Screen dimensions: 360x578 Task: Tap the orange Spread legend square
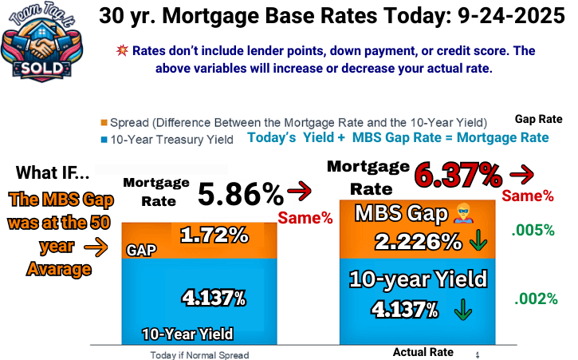coord(104,123)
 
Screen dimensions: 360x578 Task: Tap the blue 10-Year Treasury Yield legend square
coord(104,140)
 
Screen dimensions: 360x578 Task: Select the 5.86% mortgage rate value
coord(240,194)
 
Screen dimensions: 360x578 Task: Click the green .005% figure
coord(534,231)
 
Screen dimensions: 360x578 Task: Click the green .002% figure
coord(534,299)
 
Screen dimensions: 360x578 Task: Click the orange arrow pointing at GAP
coord(99,248)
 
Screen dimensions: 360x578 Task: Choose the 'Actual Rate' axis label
coord(423,352)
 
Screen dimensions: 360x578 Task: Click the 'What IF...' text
coord(53,173)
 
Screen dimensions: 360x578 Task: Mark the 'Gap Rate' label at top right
coord(538,119)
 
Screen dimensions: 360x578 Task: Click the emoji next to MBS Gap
coord(466,214)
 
